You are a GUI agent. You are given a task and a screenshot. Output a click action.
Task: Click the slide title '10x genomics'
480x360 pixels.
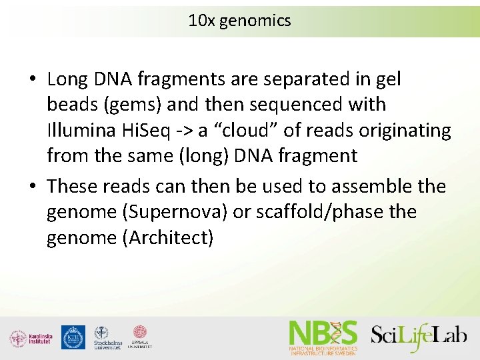239,21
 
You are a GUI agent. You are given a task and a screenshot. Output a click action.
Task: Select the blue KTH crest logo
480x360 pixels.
73,337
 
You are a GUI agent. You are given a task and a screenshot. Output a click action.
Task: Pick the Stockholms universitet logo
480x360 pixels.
106,338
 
